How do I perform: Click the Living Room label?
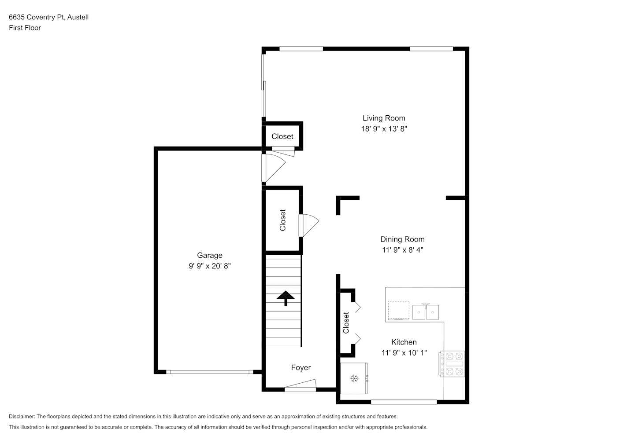click(384, 118)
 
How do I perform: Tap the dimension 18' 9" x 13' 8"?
click(384, 129)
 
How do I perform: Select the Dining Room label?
click(402, 239)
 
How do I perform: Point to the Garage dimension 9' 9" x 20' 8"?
click(210, 266)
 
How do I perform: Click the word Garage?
click(210, 256)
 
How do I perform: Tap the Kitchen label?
click(404, 342)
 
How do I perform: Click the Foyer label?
click(301, 368)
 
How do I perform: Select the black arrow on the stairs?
click(286, 298)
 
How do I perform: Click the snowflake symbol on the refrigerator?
click(354, 378)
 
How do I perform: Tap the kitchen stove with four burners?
click(452, 364)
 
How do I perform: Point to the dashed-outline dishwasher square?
click(399, 311)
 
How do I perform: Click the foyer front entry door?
click(300, 385)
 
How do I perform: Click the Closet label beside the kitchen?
click(346, 323)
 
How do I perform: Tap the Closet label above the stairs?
click(282, 220)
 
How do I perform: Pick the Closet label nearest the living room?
click(282, 137)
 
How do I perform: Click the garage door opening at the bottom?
click(210, 372)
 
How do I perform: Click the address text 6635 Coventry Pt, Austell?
click(48, 17)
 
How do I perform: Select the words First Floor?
click(25, 28)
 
